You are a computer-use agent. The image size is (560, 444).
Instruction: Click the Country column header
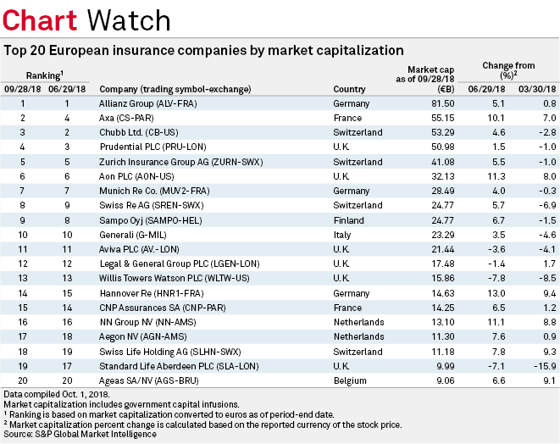tap(350, 89)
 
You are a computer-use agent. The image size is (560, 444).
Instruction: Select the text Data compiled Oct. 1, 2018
tap(57, 397)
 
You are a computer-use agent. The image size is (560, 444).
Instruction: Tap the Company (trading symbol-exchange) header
tap(175, 89)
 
